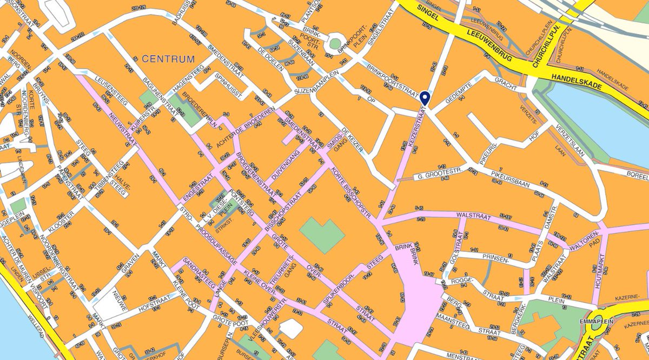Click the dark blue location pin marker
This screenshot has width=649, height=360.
click(425, 97)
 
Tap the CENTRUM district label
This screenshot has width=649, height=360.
click(168, 58)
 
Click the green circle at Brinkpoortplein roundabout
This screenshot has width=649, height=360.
click(335, 43)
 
